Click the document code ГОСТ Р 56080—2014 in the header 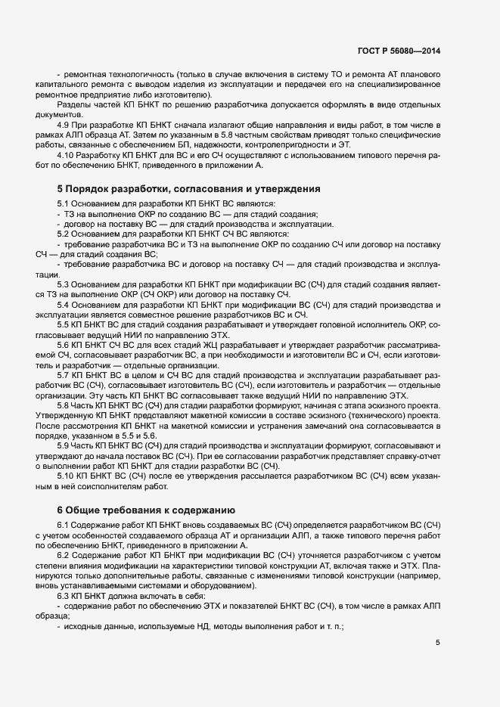pos(398,51)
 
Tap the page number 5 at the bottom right pos(437,643)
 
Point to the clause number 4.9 pos(64,124)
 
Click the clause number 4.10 pos(67,154)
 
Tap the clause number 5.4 pos(64,314)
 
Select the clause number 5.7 pos(64,374)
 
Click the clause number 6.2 pos(64,556)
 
